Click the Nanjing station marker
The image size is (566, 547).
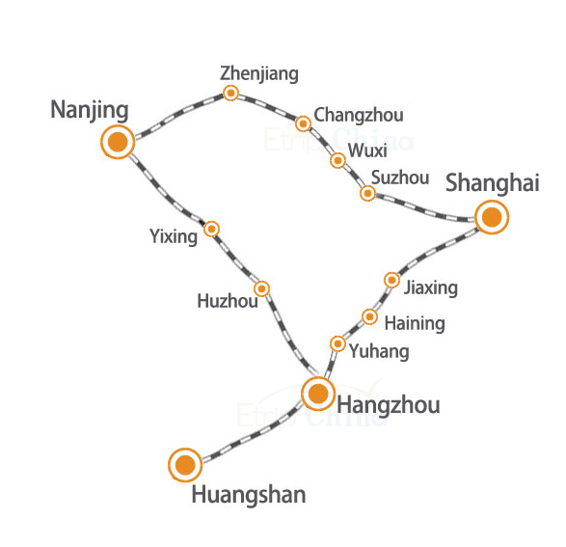(x=118, y=142)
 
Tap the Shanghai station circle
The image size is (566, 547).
(x=492, y=217)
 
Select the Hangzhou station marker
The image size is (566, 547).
(x=318, y=394)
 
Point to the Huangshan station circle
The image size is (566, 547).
(x=185, y=465)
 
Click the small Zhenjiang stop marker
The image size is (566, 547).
(x=230, y=94)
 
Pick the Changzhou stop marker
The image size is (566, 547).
(x=303, y=123)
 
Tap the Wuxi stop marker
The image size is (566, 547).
(x=337, y=160)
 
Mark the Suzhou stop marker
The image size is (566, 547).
(x=367, y=193)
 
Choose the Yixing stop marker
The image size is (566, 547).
(x=211, y=229)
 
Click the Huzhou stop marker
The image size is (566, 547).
(x=261, y=288)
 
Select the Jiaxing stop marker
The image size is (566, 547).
(x=391, y=280)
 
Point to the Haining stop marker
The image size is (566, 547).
(x=369, y=317)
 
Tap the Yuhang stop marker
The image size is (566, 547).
(x=337, y=343)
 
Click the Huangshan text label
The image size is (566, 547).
(x=249, y=496)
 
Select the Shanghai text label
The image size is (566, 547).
(x=493, y=182)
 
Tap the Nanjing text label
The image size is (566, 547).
(x=90, y=110)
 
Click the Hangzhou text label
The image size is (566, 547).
(x=389, y=405)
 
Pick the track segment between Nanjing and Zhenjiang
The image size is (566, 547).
(x=176, y=114)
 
